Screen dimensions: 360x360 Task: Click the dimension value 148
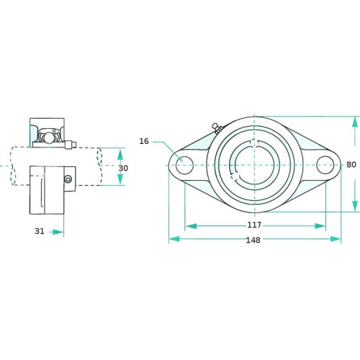pyautogui.click(x=253, y=240)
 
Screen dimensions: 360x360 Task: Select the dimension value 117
pyautogui.click(x=254, y=225)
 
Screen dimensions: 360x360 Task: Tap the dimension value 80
pyautogui.click(x=351, y=165)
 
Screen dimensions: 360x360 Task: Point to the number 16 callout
pyautogui.click(x=144, y=141)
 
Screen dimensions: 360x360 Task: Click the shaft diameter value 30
pyautogui.click(x=123, y=168)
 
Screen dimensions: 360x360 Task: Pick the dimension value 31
pyautogui.click(x=40, y=231)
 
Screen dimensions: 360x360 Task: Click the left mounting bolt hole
pyautogui.click(x=184, y=165)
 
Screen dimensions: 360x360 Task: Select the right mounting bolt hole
pyautogui.click(x=325, y=165)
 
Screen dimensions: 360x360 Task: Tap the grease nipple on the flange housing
pyautogui.click(x=217, y=128)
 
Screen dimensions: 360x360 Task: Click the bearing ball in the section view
pyautogui.click(x=49, y=138)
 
